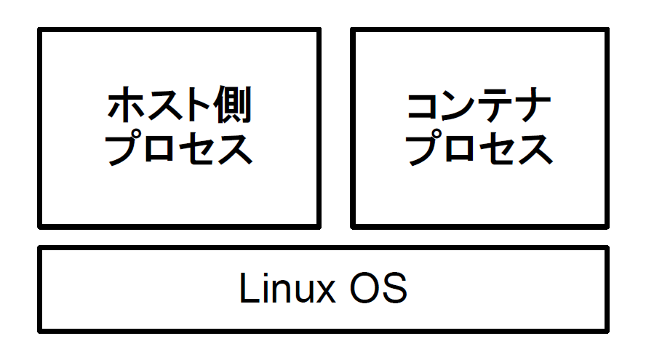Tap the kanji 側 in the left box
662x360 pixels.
[x=231, y=107]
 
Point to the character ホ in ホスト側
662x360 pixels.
[x=125, y=107]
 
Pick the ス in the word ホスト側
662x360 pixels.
[x=160, y=107]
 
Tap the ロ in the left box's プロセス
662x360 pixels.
[x=161, y=148]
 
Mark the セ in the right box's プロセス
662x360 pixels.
[x=498, y=148]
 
